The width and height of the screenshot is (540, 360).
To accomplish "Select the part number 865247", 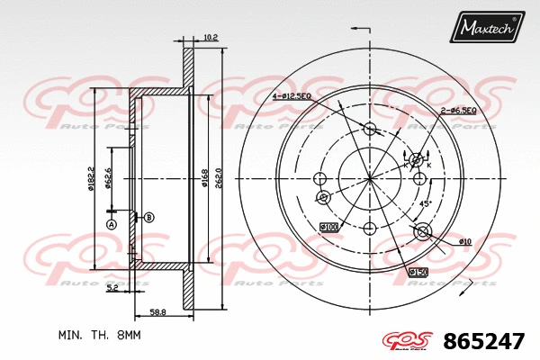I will click(x=484, y=342).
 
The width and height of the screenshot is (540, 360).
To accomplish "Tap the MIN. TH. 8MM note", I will click(x=100, y=335).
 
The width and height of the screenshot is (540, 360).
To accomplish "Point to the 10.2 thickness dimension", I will click(x=211, y=37).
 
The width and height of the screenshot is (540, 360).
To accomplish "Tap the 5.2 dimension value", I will click(x=112, y=288).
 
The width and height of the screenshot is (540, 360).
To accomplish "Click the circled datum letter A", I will click(x=112, y=224).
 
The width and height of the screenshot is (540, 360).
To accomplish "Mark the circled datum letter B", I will click(x=148, y=217).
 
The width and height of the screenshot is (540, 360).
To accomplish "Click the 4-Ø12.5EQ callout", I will click(x=294, y=96).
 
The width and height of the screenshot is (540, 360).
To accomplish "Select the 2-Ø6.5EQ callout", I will click(x=458, y=110).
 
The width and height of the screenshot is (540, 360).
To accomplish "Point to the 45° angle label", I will click(x=425, y=204).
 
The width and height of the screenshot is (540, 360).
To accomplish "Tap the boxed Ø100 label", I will click(x=328, y=227).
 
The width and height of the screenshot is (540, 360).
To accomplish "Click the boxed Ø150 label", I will click(x=418, y=272).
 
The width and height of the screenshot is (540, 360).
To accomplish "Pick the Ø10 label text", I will click(x=464, y=241).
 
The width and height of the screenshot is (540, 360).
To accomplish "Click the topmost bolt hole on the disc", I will click(x=369, y=129).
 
